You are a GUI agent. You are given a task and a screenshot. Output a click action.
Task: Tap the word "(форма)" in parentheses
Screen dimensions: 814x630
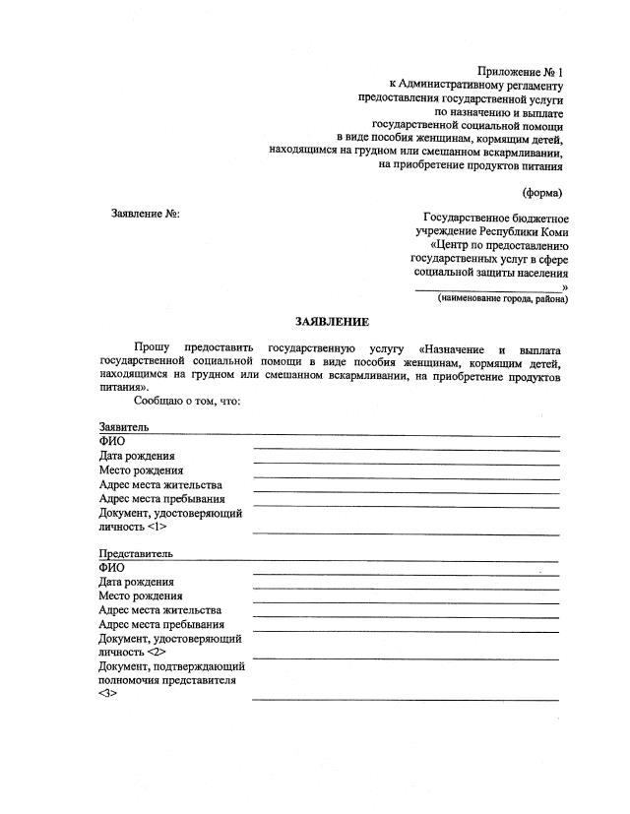click(542, 192)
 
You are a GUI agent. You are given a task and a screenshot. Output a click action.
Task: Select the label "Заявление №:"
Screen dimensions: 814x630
click(147, 214)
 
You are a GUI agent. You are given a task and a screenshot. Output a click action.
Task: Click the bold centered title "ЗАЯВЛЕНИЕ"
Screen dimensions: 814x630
click(333, 323)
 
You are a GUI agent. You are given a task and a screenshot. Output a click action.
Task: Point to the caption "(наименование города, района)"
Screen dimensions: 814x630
click(502, 298)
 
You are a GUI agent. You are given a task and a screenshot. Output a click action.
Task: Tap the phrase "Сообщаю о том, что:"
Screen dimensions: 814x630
click(188, 401)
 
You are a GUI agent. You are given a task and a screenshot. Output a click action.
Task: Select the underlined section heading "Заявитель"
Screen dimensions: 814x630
click(124, 428)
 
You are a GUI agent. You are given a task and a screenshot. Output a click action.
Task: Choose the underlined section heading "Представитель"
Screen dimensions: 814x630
click(136, 554)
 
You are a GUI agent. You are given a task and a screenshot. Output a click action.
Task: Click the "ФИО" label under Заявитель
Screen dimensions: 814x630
click(111, 442)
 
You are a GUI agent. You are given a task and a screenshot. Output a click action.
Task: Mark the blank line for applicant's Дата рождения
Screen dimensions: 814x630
click(406, 463)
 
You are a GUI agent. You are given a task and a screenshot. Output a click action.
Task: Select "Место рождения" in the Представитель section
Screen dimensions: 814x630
click(141, 595)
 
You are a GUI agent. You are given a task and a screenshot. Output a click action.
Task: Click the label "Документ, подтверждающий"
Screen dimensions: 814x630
click(171, 666)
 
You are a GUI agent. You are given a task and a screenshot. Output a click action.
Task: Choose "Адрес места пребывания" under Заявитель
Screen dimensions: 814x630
click(161, 498)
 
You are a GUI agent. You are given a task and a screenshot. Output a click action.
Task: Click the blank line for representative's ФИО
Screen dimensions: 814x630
click(406, 574)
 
